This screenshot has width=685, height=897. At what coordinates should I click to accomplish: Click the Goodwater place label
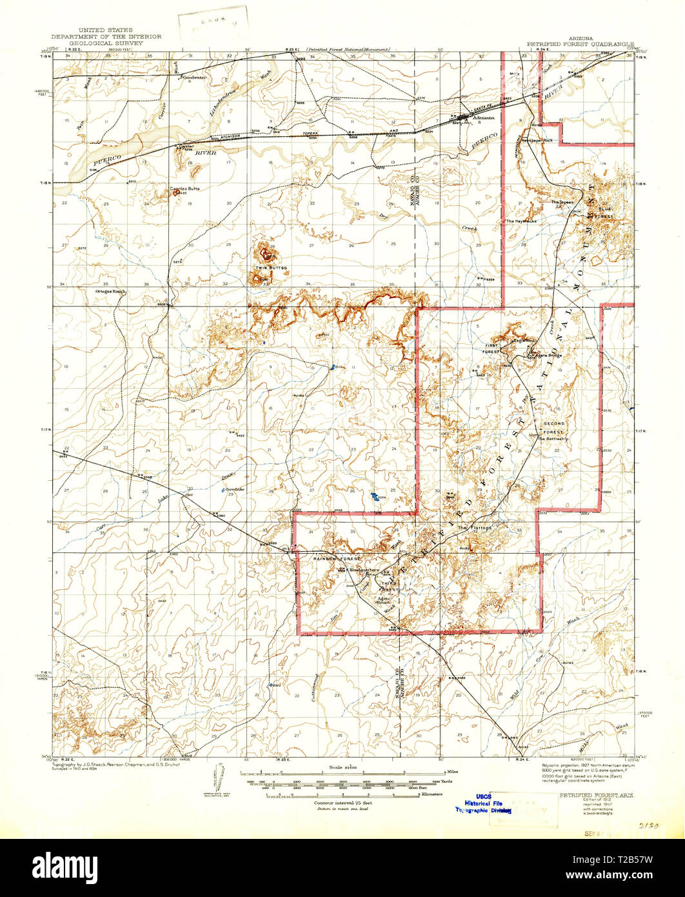coord(194,77)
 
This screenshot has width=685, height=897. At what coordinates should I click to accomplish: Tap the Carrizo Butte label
coord(185,188)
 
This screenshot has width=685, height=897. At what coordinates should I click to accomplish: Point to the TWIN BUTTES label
coord(271,267)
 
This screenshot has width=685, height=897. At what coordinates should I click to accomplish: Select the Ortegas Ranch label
coord(110,291)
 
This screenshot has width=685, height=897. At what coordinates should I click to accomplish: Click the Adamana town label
coord(483,118)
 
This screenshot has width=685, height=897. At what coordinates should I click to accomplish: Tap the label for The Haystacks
coord(521,221)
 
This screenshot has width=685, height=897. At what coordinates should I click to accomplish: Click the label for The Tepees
coord(561,202)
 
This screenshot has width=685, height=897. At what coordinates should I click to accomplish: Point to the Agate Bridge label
coord(548,356)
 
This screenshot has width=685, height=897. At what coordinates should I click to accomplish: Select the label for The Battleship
coord(554,438)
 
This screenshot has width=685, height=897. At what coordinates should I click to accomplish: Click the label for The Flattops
coord(475,528)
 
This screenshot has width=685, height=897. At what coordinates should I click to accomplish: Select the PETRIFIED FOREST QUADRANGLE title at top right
coord(581,45)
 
